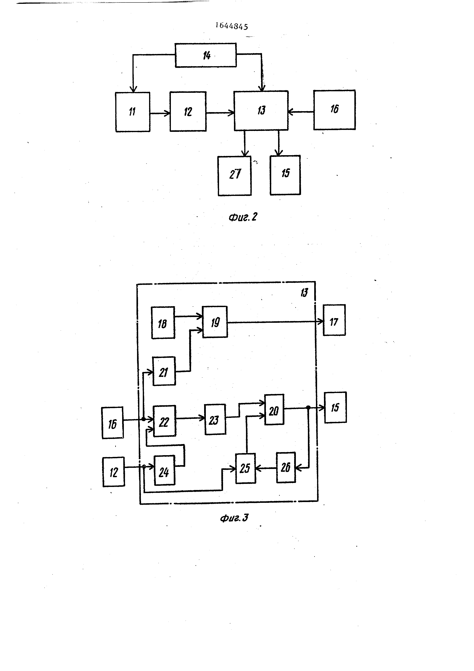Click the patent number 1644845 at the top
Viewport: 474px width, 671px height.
[x=232, y=26]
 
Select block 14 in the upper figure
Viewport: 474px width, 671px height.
[x=206, y=55]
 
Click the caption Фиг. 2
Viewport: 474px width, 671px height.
[x=243, y=217]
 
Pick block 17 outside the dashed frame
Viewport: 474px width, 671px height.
[x=334, y=320]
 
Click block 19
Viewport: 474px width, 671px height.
[x=215, y=322]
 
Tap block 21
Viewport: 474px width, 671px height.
[x=164, y=371]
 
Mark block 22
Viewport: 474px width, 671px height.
[x=164, y=421]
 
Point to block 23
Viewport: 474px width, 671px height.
[x=215, y=419]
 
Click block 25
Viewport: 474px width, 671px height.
[x=245, y=468]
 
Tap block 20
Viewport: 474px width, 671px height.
[x=274, y=409]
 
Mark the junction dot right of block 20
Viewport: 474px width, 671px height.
[x=308, y=407]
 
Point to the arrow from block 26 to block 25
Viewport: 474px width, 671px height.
[x=266, y=468]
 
